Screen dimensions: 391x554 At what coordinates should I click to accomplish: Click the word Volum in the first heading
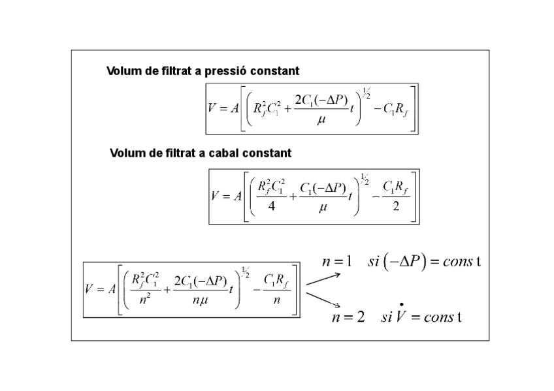(x=123, y=70)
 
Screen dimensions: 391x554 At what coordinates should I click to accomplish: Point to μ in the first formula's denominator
(x=321, y=120)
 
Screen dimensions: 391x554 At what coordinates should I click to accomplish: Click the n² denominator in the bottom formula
(x=146, y=301)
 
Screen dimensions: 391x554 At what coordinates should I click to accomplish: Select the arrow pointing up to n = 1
(x=323, y=279)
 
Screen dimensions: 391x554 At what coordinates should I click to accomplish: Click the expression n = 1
(x=337, y=262)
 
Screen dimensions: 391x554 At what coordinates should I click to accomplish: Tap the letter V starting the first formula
(x=213, y=108)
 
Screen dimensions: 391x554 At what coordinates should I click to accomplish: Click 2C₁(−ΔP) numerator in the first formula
(x=321, y=100)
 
